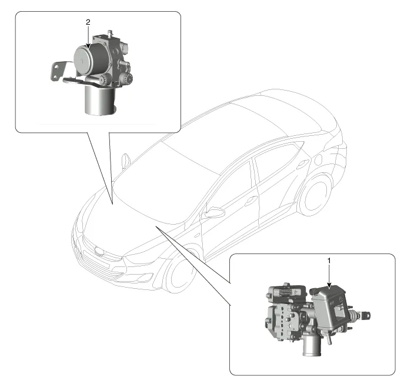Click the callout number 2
[x=88, y=22]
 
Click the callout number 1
[x=329, y=261]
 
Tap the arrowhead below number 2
[x=88, y=45]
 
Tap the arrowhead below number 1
[x=329, y=285]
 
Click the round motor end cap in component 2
[x=82, y=59]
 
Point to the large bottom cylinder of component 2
[x=99, y=99]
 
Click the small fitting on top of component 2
[x=110, y=34]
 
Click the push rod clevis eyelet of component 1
[x=366, y=315]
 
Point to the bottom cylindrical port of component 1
[x=312, y=346]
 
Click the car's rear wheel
[x=314, y=195]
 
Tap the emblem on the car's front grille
[x=100, y=251]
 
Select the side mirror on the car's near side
[x=215, y=213]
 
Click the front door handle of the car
[x=251, y=201]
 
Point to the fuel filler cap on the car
[x=318, y=159]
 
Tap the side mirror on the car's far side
[x=126, y=160]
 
